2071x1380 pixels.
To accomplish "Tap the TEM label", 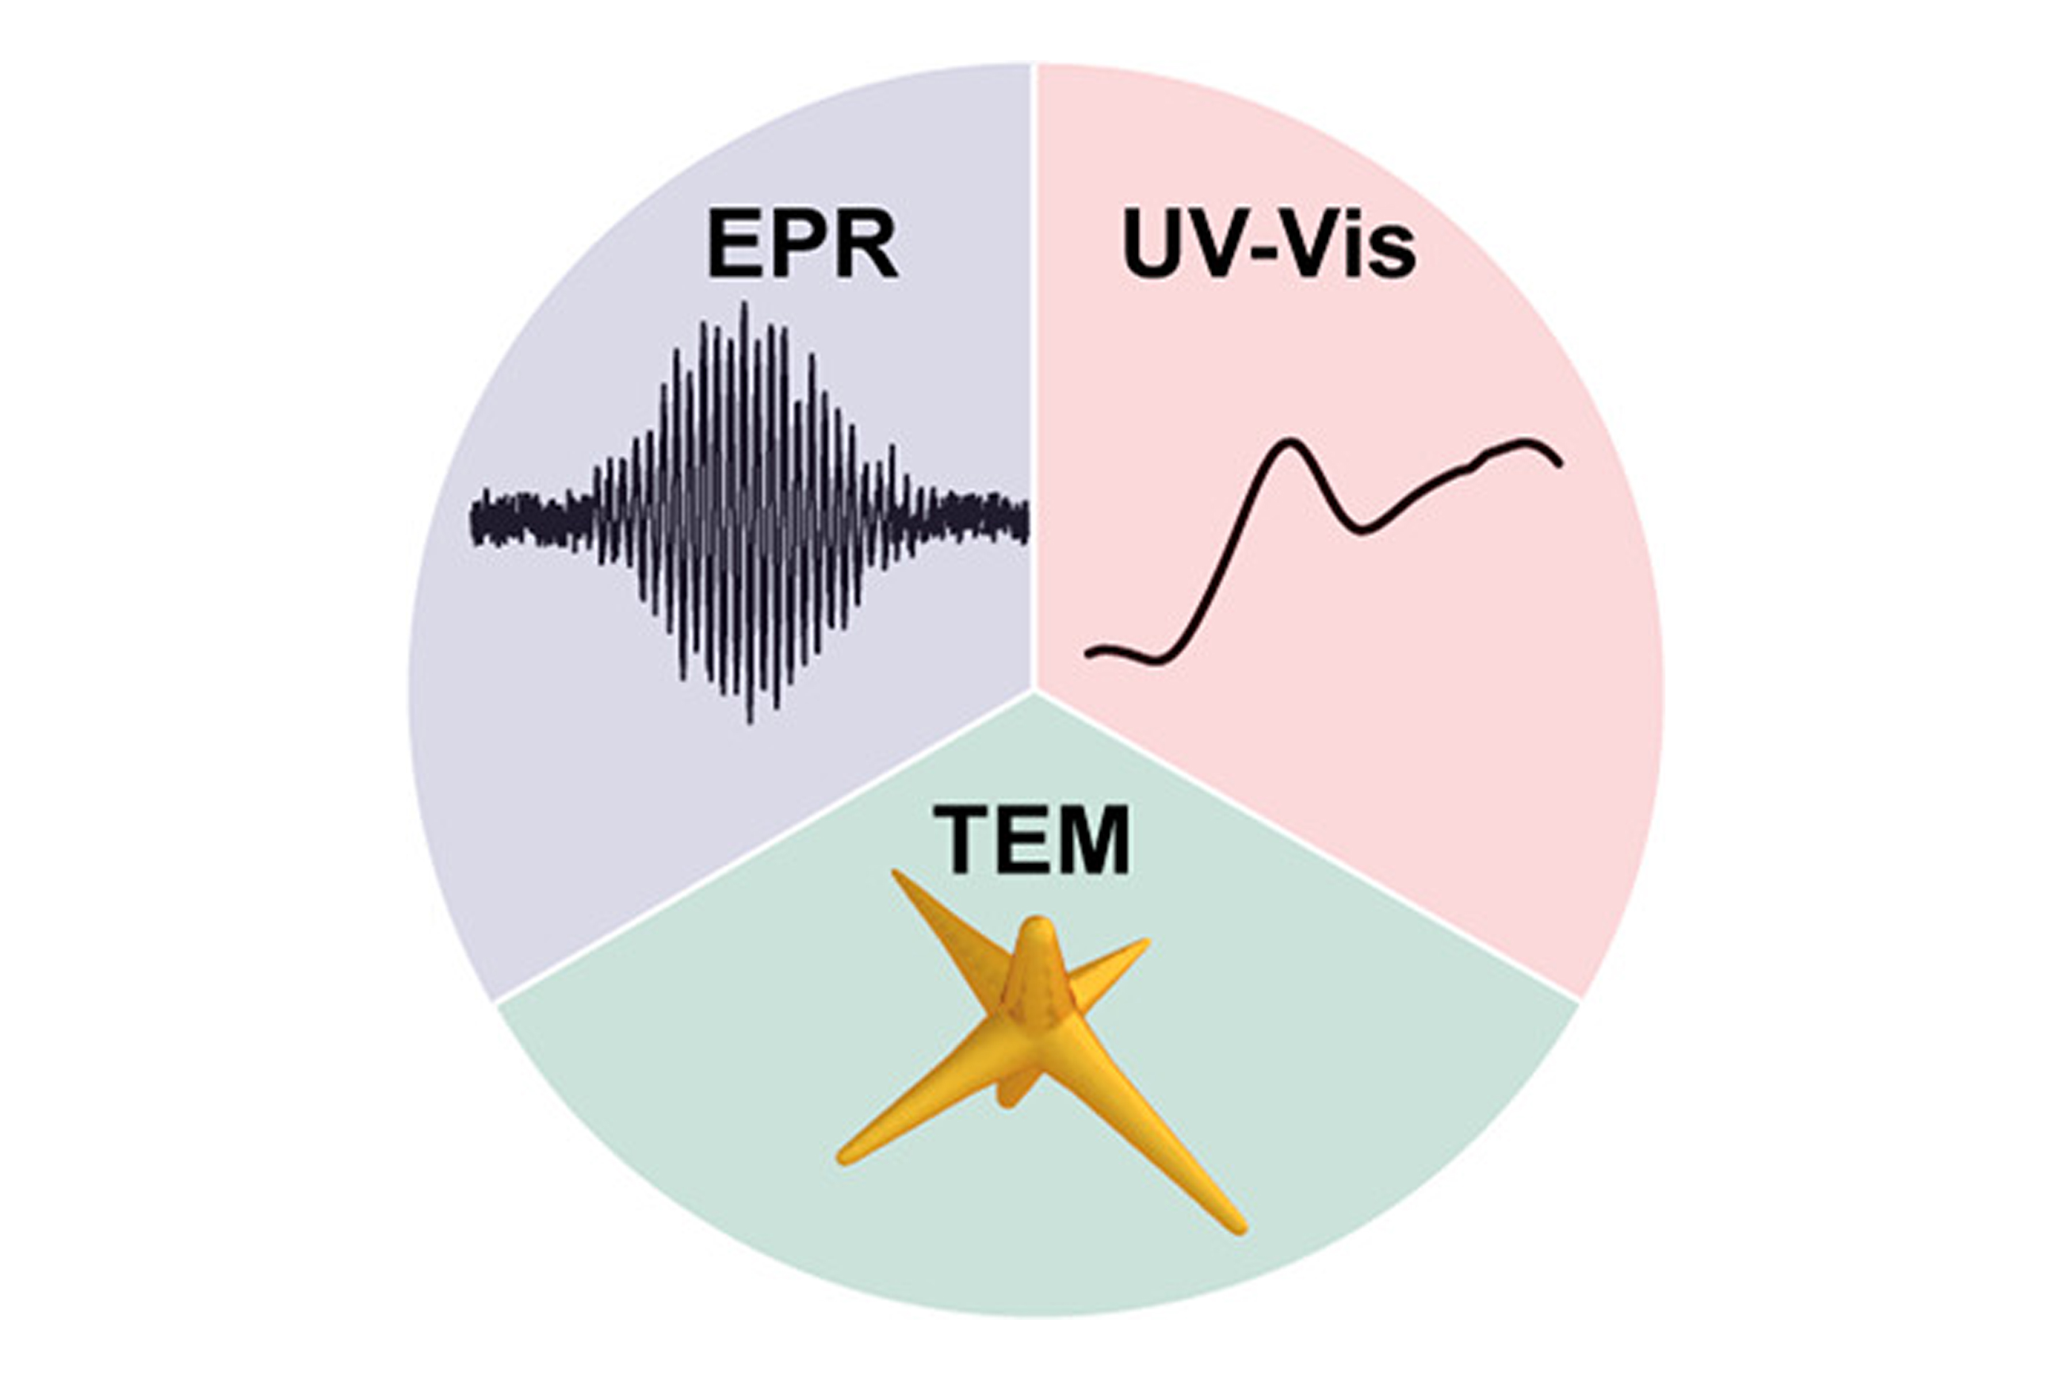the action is pos(1032,839).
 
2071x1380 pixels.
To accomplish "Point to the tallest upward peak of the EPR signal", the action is pos(745,305).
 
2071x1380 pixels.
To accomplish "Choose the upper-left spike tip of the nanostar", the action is pos(896,874).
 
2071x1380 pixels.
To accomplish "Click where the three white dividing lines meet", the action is pos(1034,690).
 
